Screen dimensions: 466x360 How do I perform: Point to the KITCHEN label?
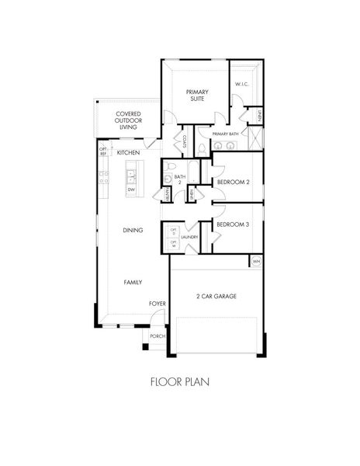128,153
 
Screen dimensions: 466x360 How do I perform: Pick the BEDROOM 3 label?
232,225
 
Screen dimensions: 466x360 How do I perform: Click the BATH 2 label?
180,179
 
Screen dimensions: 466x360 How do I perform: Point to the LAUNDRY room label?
191,237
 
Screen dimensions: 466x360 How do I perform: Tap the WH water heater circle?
256,262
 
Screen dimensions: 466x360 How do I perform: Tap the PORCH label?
157,336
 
